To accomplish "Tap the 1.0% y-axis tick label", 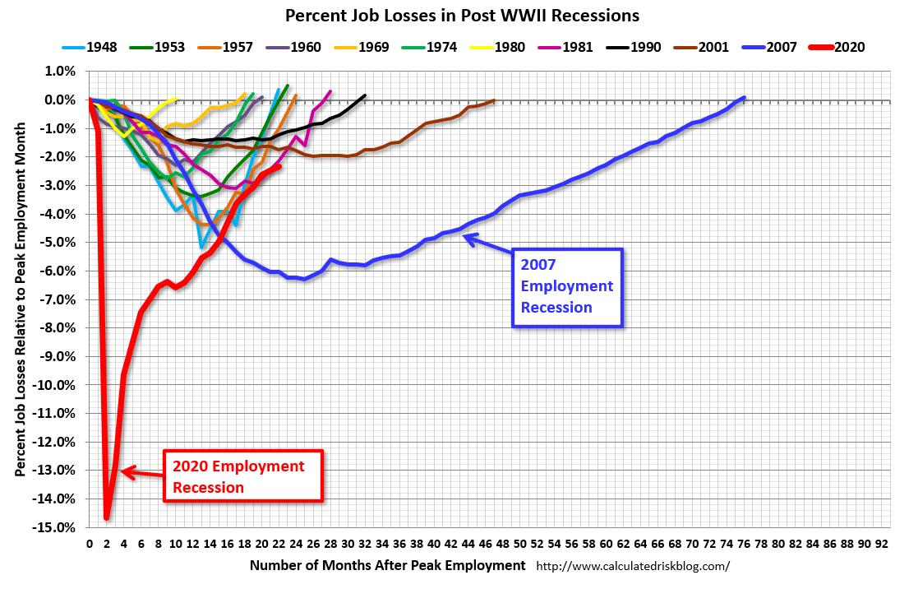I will (x=62, y=72).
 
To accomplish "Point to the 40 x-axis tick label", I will (x=434, y=545).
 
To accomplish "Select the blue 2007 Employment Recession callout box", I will (x=567, y=286).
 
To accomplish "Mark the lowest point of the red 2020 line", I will (x=107, y=518).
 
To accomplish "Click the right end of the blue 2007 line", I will (x=744, y=98).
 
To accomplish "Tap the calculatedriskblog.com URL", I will (x=633, y=566).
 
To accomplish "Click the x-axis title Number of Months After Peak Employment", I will (x=387, y=565).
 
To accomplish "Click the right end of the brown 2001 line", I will (x=494, y=101).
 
